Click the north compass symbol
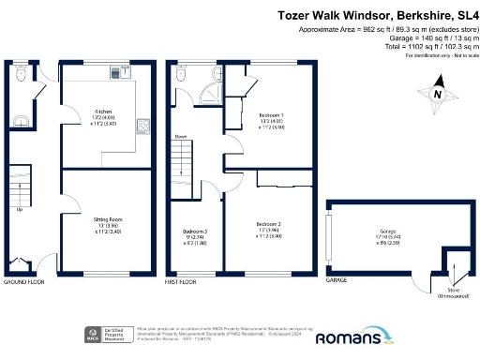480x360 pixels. [434, 95]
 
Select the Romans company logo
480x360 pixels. [352, 337]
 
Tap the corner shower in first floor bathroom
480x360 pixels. [215, 76]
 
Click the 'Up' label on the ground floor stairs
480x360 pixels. [21, 209]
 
